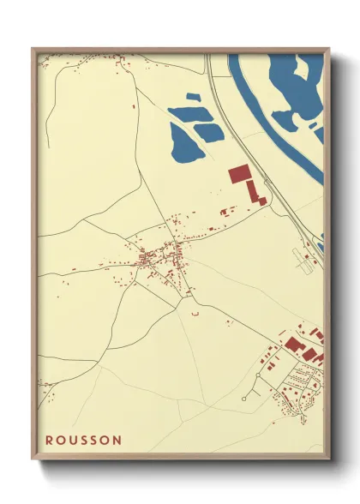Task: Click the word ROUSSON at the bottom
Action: [83, 440]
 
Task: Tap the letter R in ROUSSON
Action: [50, 440]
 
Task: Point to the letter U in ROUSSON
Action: [76, 440]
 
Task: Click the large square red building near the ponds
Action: [237, 174]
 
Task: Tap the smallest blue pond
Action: [209, 131]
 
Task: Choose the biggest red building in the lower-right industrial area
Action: [294, 345]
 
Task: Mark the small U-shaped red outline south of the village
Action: [195, 315]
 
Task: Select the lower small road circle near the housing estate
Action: [246, 399]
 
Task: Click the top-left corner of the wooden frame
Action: [33, 49]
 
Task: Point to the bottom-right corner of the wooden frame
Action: [328, 459]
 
